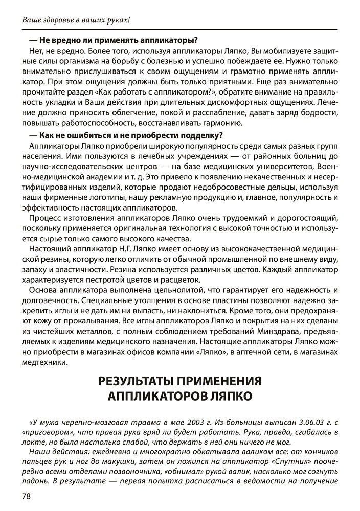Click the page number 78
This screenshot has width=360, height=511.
(x=26, y=496)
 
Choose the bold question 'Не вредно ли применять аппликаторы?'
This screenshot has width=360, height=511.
(x=114, y=40)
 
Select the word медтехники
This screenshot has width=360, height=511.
(x=44, y=362)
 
